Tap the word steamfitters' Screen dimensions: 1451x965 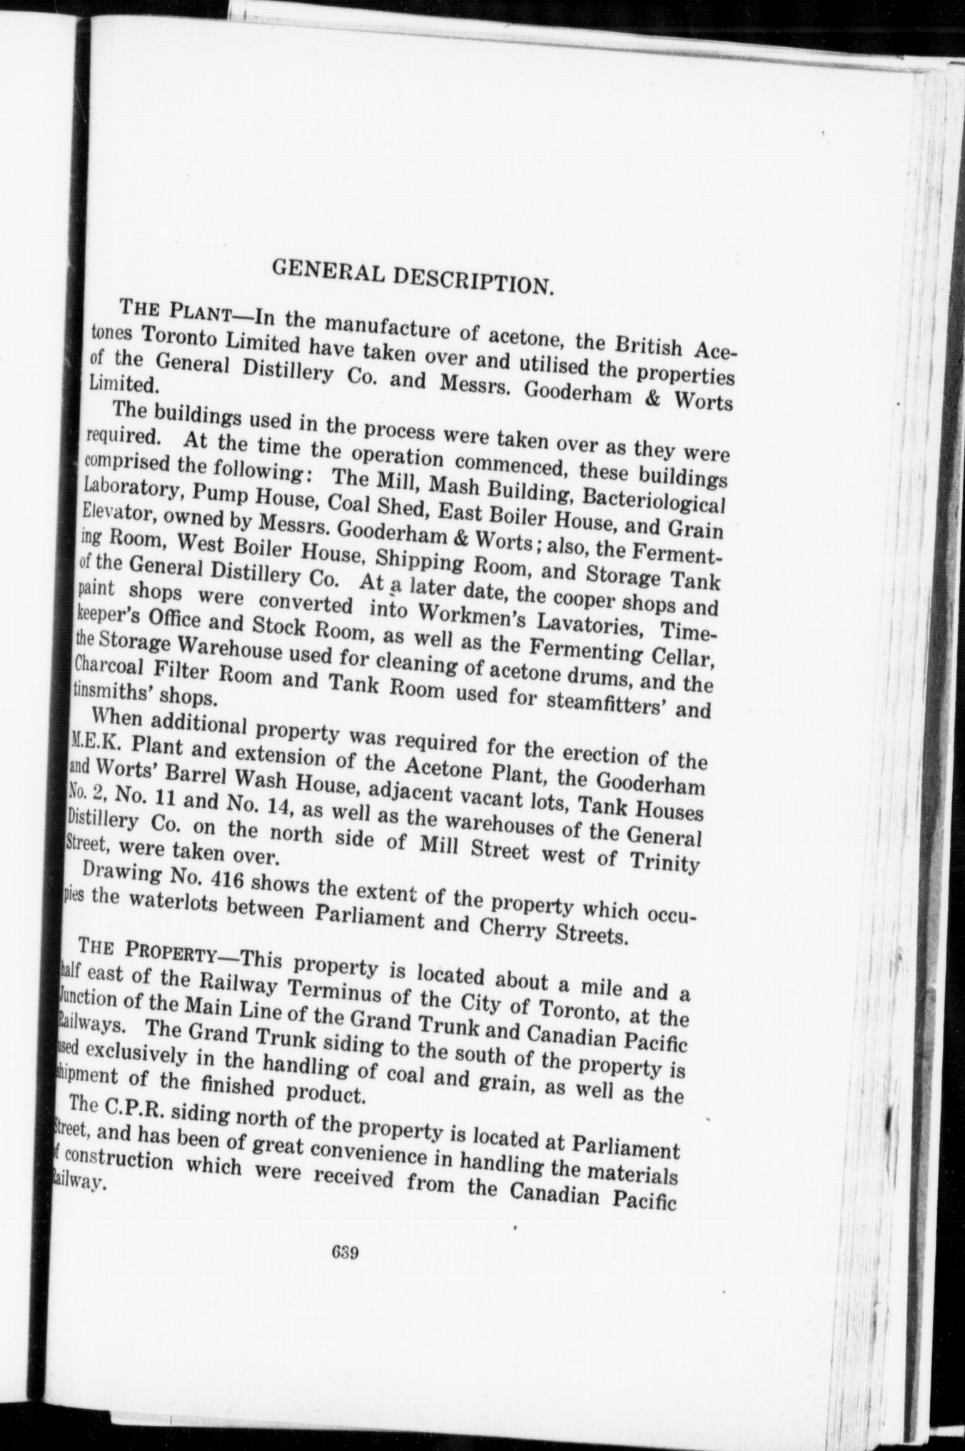pos(604,705)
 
